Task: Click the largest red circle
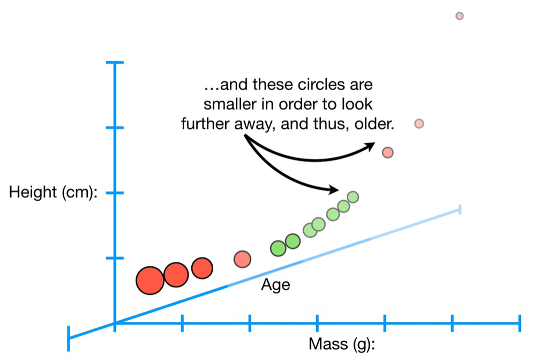(x=150, y=281)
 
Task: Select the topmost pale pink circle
(x=459, y=16)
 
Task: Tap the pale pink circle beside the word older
(x=419, y=124)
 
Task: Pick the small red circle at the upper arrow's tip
(x=387, y=152)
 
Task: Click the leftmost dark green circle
(x=278, y=248)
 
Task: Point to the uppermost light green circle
(x=353, y=197)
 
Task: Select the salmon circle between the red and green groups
(x=242, y=259)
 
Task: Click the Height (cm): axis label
(x=53, y=193)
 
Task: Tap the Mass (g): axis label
(x=342, y=344)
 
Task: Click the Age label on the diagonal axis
(x=275, y=285)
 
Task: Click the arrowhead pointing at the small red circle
(x=370, y=146)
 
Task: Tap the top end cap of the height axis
(x=115, y=63)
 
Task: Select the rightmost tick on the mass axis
(x=519, y=323)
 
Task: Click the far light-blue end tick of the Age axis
(x=460, y=209)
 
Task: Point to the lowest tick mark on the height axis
(x=115, y=258)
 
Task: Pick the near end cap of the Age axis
(x=69, y=338)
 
